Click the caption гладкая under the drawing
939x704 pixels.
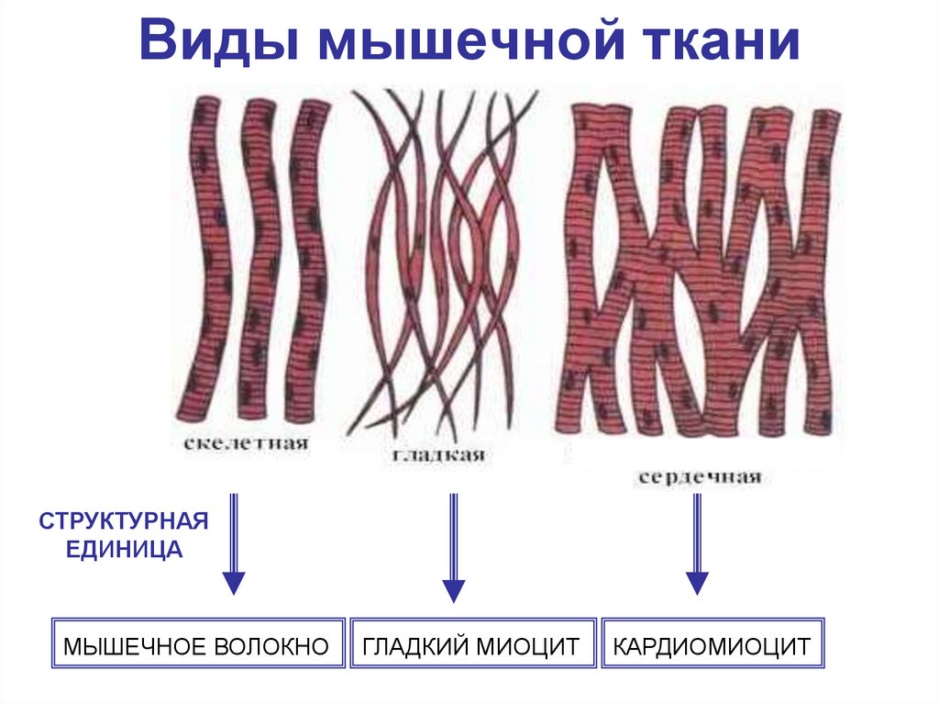438,456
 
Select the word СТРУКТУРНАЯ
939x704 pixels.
124,521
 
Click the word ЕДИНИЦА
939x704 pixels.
124,550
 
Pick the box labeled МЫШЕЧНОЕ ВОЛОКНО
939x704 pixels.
195,646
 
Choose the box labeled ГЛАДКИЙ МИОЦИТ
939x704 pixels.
471,646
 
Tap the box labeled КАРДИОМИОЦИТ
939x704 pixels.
712,646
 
